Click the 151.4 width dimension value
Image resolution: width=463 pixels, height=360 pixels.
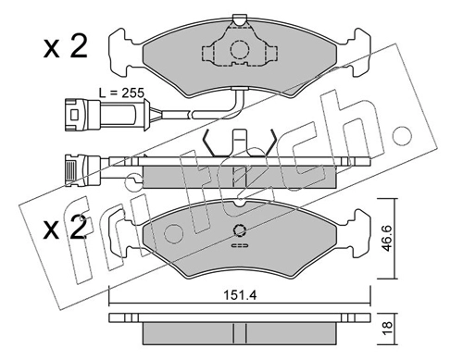[240, 295]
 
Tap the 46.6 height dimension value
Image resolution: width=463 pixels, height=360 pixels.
[388, 238]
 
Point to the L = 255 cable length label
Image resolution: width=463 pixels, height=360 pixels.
[121, 93]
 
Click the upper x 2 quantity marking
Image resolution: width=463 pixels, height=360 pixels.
[66, 47]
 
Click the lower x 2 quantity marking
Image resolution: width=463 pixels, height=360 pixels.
[66, 228]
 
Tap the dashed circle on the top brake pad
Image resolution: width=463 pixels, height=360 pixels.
[239, 49]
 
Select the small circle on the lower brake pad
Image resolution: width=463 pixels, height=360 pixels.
[239, 230]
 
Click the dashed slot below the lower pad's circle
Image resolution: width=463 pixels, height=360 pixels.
[239, 245]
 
